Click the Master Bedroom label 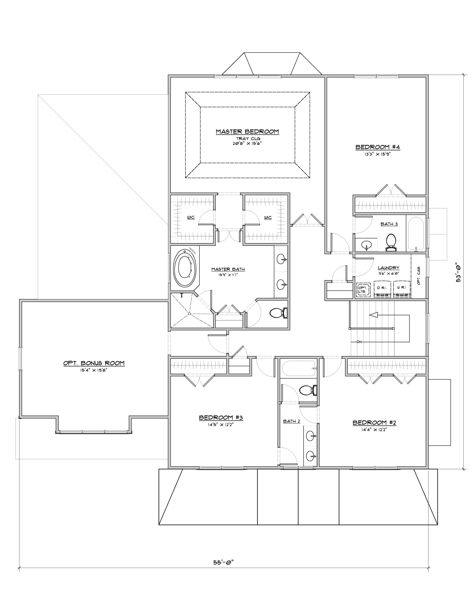click(x=247, y=132)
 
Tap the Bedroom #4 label click(x=377, y=147)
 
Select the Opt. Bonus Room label click(x=94, y=363)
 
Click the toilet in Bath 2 click(x=308, y=390)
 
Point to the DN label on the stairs click(x=359, y=342)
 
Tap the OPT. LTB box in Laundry click(x=363, y=290)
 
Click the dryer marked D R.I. click(x=382, y=289)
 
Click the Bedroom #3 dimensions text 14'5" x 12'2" click(x=221, y=425)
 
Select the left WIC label click(x=191, y=218)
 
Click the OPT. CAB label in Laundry click(x=419, y=275)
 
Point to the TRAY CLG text click(x=248, y=139)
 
